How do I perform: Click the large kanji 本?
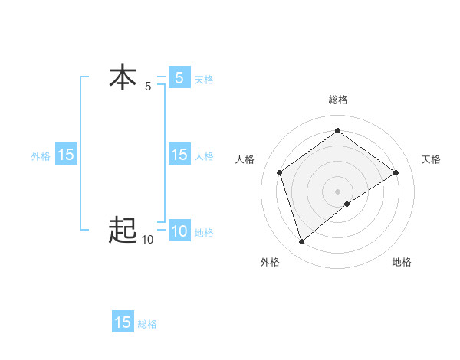(123, 78)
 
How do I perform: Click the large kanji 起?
(123, 229)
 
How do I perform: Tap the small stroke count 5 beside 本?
(148, 87)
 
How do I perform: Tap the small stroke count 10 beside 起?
(147, 240)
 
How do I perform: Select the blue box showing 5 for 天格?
(179, 78)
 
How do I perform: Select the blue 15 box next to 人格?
(179, 155)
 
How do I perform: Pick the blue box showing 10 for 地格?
(179, 231)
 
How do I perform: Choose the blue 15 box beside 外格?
(66, 155)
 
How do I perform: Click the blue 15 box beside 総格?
(123, 322)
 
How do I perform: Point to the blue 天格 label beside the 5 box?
(204, 79)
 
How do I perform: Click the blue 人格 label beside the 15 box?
(204, 155)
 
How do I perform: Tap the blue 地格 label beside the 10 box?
(204, 232)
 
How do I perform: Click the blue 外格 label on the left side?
(41, 155)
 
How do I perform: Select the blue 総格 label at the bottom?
(147, 323)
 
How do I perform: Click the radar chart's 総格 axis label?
(337, 100)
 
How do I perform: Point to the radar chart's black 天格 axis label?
(431, 159)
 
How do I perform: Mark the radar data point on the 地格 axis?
(347, 204)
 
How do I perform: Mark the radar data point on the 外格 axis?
(301, 242)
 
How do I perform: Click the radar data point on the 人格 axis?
(280, 172)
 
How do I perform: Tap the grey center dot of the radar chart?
(337, 191)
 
